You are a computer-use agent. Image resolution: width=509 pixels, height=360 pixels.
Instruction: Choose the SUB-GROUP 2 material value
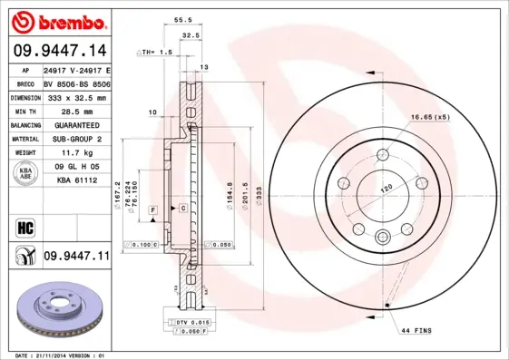click(x=76, y=139)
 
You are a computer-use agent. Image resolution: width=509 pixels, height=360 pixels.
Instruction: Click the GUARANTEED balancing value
click(x=76, y=124)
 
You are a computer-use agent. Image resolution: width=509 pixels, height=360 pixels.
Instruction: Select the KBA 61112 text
click(x=76, y=181)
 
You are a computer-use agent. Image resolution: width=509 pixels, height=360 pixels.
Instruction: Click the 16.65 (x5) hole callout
click(x=430, y=118)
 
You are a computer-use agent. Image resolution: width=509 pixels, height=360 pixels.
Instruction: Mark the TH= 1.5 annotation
click(x=156, y=53)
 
